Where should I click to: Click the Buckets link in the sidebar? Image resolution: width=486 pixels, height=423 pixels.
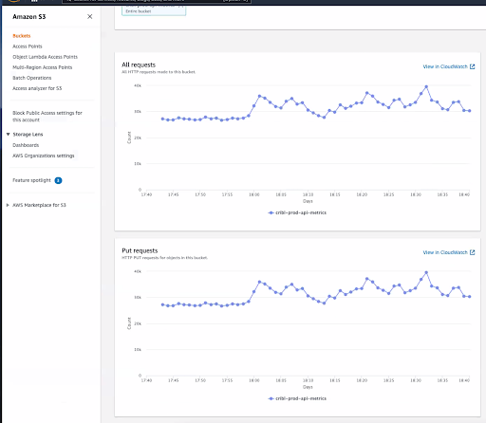[x=22, y=36]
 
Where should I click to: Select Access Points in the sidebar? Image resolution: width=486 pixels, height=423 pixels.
[x=28, y=46]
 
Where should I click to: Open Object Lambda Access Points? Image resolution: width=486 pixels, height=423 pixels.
[x=44, y=56]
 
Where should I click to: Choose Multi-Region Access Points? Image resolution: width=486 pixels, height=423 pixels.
[x=42, y=66]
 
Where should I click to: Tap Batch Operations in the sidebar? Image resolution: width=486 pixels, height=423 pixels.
[x=31, y=77]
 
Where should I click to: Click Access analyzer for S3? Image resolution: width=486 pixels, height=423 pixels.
[x=37, y=87]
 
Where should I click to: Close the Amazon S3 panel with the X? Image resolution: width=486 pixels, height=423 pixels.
[x=89, y=17]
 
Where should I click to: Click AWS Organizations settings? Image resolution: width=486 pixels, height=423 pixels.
[x=44, y=155]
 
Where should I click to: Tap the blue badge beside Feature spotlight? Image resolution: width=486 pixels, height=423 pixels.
[x=58, y=178]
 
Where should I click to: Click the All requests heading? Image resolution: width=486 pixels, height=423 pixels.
[x=139, y=64]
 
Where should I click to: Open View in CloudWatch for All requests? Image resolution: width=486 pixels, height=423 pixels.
[x=448, y=67]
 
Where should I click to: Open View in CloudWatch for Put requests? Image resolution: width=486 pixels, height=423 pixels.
[x=448, y=253]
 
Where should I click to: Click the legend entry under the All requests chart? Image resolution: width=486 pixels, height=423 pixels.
[x=298, y=213]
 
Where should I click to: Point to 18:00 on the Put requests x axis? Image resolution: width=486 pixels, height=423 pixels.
[x=253, y=380]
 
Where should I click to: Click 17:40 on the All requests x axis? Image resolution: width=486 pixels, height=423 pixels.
[x=145, y=195]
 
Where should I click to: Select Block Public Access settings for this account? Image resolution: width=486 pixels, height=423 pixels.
[x=47, y=116]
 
